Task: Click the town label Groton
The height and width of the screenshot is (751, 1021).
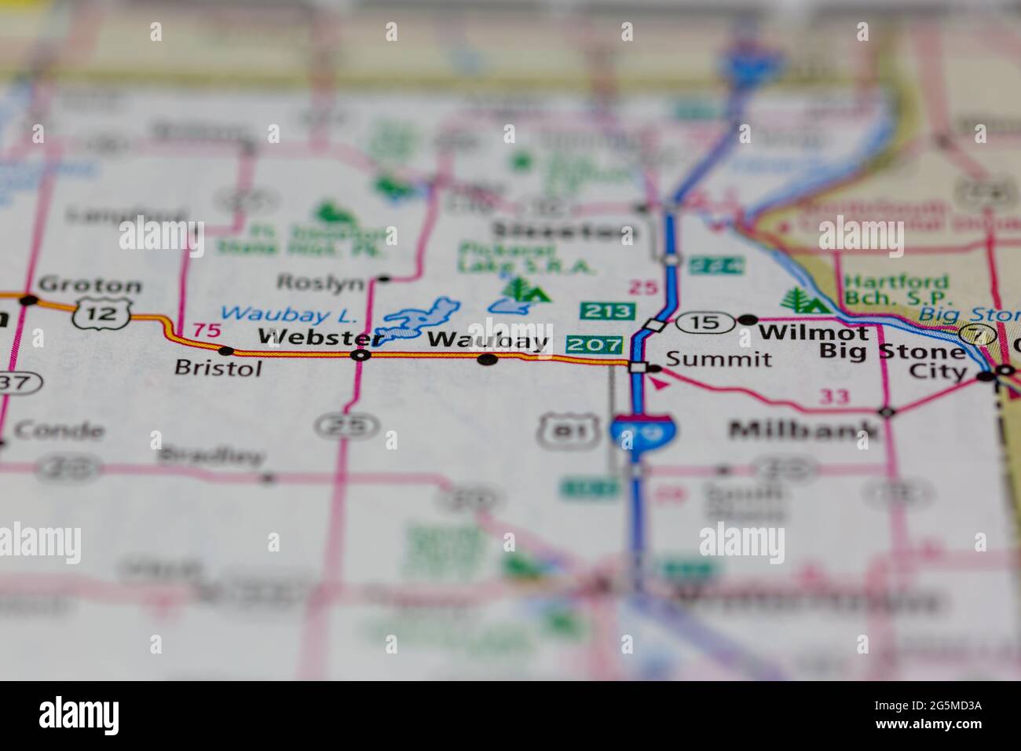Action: (90, 285)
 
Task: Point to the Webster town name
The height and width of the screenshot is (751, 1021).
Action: (318, 338)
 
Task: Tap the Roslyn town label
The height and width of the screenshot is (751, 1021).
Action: (320, 283)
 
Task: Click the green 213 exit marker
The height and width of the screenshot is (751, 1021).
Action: (608, 311)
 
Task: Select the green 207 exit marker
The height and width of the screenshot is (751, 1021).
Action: (594, 344)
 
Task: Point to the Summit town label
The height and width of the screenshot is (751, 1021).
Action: (719, 360)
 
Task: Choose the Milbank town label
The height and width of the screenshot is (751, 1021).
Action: (804, 430)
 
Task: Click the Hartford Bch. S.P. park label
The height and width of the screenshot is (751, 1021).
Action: (898, 290)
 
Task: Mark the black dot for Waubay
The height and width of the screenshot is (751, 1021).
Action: (488, 360)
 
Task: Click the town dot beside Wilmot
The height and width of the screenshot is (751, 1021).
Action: (748, 320)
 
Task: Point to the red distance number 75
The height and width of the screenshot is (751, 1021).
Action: (207, 331)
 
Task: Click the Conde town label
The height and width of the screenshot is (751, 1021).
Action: (59, 431)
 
